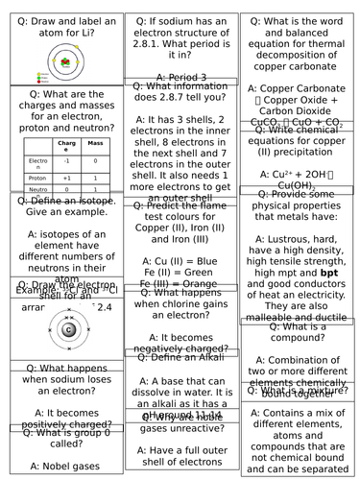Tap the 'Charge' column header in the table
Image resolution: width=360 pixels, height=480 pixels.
(x=65, y=146)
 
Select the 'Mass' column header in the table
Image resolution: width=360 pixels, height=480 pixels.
(x=95, y=146)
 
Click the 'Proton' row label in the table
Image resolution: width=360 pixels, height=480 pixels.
(x=35, y=178)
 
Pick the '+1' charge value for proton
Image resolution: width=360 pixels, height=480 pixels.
(x=65, y=178)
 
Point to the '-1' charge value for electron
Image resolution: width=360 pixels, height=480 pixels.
(x=65, y=162)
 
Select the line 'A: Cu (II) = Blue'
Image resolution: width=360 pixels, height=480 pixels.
(x=180, y=261)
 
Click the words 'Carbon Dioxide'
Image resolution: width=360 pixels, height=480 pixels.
(x=300, y=110)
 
